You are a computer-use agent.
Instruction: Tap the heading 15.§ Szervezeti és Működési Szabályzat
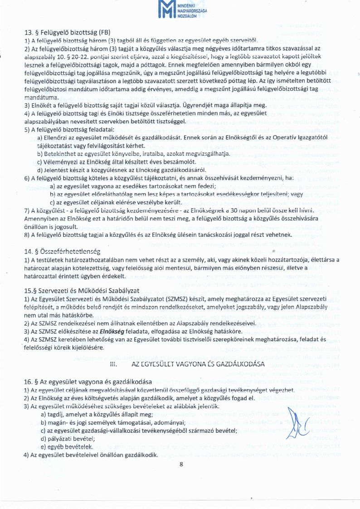82,290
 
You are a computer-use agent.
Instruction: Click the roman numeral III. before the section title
114,364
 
